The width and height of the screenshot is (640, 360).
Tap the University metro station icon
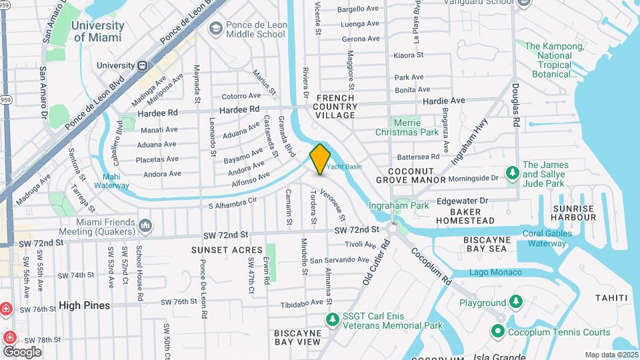point(142,65)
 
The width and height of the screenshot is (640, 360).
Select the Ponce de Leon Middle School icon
point(215,28)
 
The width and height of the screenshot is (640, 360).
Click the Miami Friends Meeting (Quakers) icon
point(145,227)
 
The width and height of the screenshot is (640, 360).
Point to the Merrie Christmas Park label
point(416,127)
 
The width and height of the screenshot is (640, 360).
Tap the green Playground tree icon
point(515,303)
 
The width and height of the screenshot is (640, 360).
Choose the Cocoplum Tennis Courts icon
point(497,331)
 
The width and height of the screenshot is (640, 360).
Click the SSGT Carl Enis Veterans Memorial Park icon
point(332,321)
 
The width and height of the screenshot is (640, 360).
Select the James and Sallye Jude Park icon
point(512,173)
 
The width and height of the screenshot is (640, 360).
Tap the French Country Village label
point(335,107)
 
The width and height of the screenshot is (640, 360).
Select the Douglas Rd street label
point(515,105)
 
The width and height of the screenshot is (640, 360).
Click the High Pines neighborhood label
point(84,305)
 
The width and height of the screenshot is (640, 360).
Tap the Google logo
point(22,351)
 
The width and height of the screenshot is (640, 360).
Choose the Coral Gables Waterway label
point(547,238)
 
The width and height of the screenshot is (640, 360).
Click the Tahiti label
point(611,297)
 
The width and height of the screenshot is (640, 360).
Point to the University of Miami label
point(98,31)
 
